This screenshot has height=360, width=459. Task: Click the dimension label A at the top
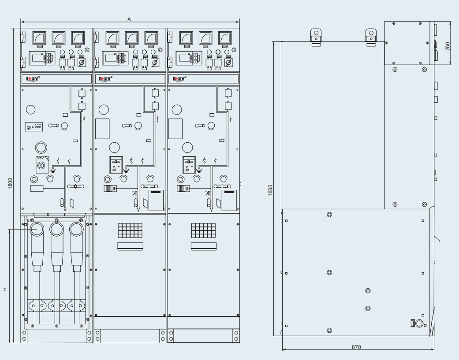(x=129, y=19)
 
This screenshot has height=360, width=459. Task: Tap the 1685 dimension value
(x=270, y=189)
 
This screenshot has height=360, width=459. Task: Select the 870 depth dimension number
(x=356, y=347)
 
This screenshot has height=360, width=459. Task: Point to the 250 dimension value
(x=448, y=46)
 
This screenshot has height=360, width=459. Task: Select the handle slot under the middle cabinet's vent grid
(x=130, y=246)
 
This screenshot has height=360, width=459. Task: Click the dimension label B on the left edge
(x=5, y=289)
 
